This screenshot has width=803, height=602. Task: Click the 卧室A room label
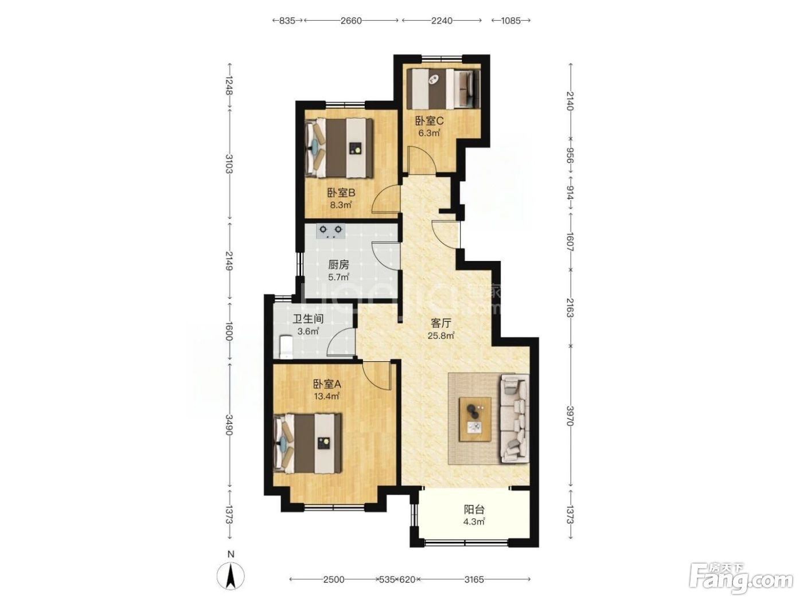[x=327, y=384]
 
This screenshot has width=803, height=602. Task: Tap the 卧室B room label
[x=341, y=192]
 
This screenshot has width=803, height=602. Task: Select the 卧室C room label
[x=429, y=120]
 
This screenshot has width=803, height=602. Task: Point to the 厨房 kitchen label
[x=338, y=264]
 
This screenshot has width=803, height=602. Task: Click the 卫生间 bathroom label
[x=308, y=319]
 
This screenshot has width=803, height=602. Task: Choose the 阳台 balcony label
[x=474, y=509]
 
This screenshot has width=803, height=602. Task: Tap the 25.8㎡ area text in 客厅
[x=441, y=335]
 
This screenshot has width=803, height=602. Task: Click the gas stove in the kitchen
[x=331, y=231]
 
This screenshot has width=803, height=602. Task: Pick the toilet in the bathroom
[x=286, y=347]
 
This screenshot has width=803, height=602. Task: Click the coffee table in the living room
[x=475, y=420]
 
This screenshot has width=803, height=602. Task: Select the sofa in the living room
[x=514, y=419]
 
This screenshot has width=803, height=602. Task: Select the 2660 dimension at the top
[x=351, y=21]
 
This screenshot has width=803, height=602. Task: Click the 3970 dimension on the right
[x=570, y=416]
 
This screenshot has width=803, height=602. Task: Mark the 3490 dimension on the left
[x=229, y=425]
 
